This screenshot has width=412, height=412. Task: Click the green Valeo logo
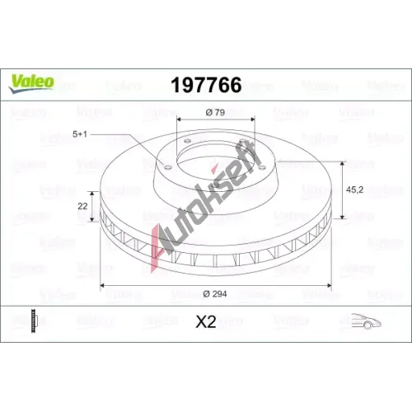click(x=31, y=83)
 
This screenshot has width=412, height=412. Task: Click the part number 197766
click(x=206, y=85)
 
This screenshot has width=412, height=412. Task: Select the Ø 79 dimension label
click(x=215, y=112)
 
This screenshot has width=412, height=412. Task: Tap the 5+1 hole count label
click(x=80, y=134)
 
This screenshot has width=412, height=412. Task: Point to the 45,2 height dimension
click(x=354, y=190)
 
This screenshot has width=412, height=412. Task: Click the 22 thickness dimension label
click(x=82, y=206)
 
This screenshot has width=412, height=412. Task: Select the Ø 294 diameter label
click(x=215, y=294)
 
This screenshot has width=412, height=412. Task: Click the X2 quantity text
click(x=206, y=321)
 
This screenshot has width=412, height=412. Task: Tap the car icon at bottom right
click(x=367, y=321)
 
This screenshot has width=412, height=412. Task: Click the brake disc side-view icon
click(x=34, y=321)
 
